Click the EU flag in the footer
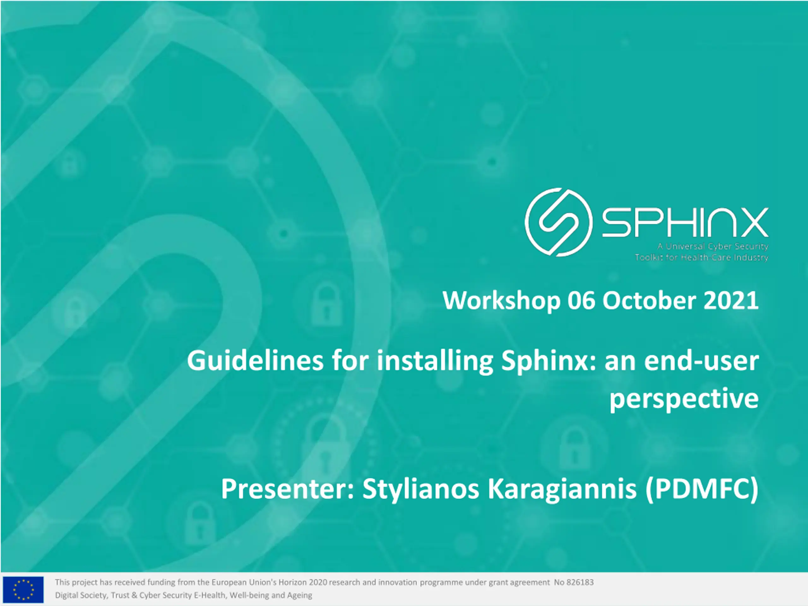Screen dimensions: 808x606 [23, 590]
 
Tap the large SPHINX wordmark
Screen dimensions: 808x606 [685, 223]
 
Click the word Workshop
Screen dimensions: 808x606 [502, 300]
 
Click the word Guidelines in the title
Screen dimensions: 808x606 [255, 360]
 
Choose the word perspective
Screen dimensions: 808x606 [684, 399]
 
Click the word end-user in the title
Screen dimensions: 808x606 [701, 361]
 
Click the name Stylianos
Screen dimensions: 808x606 [420, 490]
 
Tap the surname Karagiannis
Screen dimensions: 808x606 [562, 490]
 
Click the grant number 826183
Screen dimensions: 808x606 [580, 582]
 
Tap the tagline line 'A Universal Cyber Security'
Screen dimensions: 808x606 [713, 247]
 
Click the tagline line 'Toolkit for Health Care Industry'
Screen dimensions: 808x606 [701, 258]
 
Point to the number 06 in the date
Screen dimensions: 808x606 [581, 300]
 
